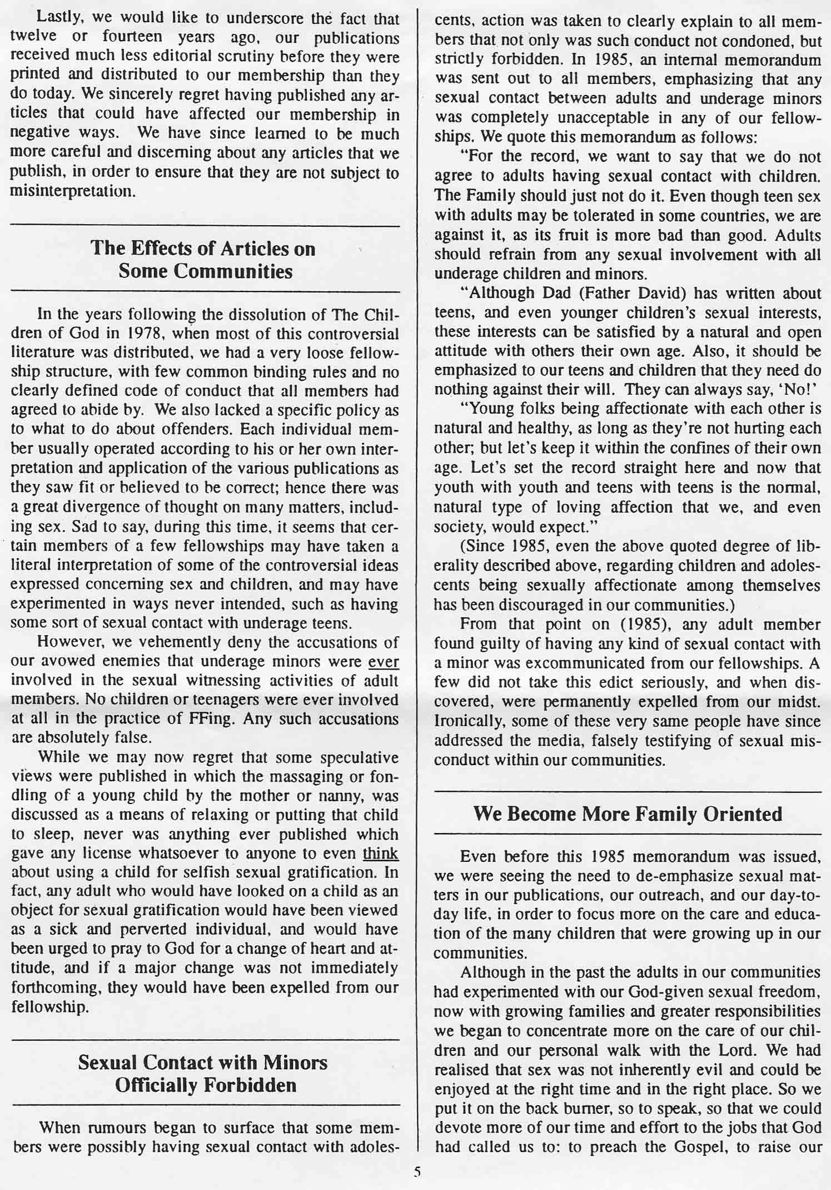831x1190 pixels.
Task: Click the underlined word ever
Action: point(384,661)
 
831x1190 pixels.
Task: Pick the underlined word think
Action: point(380,852)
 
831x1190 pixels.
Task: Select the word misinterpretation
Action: point(72,192)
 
